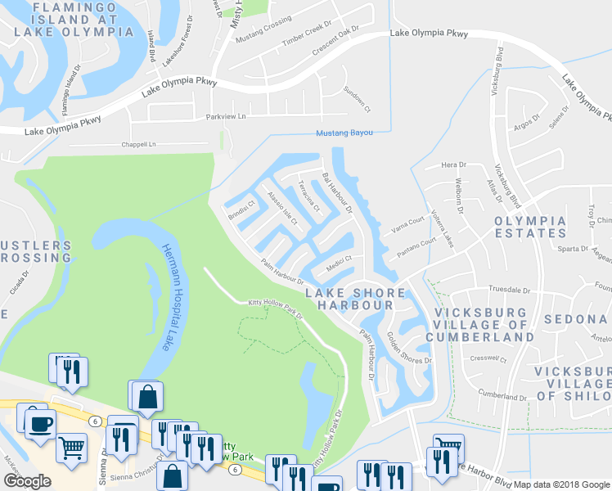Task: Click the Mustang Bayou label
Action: [x=344, y=133]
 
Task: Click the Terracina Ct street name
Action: [x=308, y=196]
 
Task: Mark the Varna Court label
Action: [x=407, y=225]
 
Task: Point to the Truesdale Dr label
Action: [x=510, y=290]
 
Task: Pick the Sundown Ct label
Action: [x=357, y=99]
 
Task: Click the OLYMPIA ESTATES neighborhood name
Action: [x=529, y=227]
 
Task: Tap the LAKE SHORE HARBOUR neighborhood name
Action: [x=354, y=299]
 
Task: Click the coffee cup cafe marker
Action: [x=39, y=423]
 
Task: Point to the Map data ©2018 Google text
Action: [x=562, y=484]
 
